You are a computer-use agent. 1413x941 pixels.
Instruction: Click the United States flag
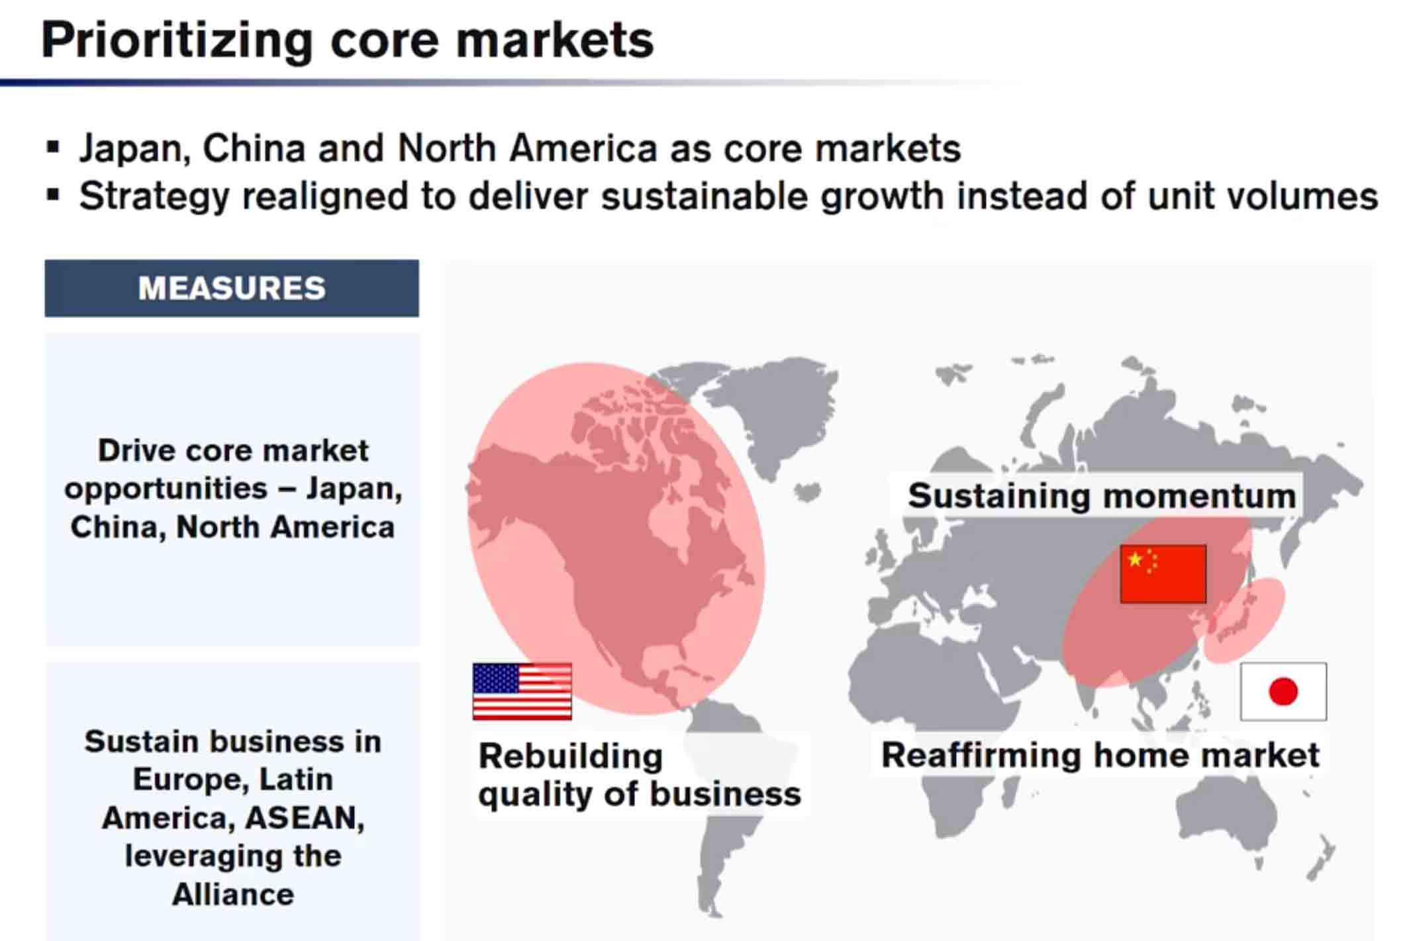click(522, 691)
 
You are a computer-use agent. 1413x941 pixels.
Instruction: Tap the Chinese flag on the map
click(1163, 574)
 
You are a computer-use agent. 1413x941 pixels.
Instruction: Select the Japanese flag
click(1283, 691)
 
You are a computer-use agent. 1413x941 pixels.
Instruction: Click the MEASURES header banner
click(232, 288)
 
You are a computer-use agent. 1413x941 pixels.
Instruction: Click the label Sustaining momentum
click(1102, 495)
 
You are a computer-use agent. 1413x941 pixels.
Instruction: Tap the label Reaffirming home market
click(1100, 755)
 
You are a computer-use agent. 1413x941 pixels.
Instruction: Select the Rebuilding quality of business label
click(640, 775)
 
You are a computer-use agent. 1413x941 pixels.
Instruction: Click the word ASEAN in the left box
click(304, 818)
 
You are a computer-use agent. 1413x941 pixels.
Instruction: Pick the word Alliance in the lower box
click(233, 895)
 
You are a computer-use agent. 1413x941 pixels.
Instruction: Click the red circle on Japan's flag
click(1283, 691)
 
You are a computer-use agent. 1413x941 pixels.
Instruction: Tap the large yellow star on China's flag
click(1135, 560)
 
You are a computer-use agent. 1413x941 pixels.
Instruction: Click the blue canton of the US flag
click(496, 678)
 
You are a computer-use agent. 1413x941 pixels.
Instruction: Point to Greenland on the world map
click(775, 404)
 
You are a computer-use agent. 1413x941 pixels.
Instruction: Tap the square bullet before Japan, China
click(53, 147)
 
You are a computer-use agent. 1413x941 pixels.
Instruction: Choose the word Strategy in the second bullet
click(154, 197)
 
